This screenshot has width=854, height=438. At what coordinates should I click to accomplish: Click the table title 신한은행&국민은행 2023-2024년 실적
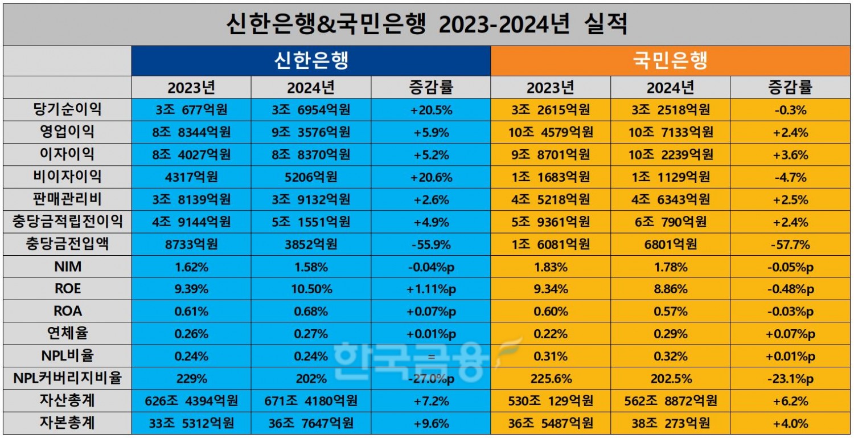point(426,24)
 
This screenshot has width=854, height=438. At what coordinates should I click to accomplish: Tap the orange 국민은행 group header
point(670,60)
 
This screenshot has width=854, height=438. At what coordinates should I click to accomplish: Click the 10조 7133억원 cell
point(670,133)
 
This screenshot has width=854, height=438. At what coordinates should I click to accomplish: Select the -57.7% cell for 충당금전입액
point(790,244)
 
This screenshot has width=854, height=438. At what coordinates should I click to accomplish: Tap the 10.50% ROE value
point(310,289)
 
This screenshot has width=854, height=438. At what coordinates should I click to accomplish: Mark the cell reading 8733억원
point(191,244)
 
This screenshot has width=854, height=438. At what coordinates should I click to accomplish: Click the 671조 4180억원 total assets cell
point(310,401)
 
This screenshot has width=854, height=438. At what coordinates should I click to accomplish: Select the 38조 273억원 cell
point(670,424)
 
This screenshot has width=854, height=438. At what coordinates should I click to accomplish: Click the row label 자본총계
point(67,424)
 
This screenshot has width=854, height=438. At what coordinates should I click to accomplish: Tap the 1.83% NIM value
point(551,267)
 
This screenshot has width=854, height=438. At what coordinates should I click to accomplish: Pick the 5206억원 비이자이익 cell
point(310,177)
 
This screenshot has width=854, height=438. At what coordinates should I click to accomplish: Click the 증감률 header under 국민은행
point(790,87)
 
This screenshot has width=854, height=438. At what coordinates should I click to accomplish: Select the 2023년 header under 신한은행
point(191,87)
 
